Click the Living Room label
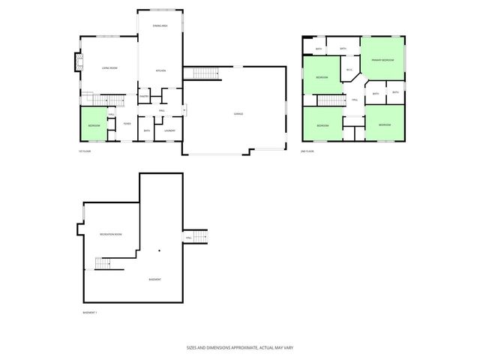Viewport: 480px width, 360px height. tap(109, 68)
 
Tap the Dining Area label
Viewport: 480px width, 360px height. tap(159, 26)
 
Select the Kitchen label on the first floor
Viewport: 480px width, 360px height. tap(160, 70)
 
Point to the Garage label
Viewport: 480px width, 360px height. tap(237, 114)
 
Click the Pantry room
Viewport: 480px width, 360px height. tap(144, 95)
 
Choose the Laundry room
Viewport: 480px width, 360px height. tap(170, 130)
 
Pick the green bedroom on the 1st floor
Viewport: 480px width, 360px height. tap(93, 125)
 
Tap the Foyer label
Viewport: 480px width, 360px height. tap(127, 123)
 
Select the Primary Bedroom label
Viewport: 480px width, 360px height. tap(382, 59)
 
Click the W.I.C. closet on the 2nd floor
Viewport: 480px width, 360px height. tap(349, 70)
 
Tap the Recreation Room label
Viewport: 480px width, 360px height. tap(111, 235)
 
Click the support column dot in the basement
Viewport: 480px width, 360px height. tap(160, 250)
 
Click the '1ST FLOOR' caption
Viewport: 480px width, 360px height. tap(85, 151)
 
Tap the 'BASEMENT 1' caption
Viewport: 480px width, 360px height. tap(90, 312)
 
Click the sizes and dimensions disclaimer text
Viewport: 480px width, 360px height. tap(239, 348)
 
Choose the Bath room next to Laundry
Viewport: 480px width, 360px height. tap(147, 130)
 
